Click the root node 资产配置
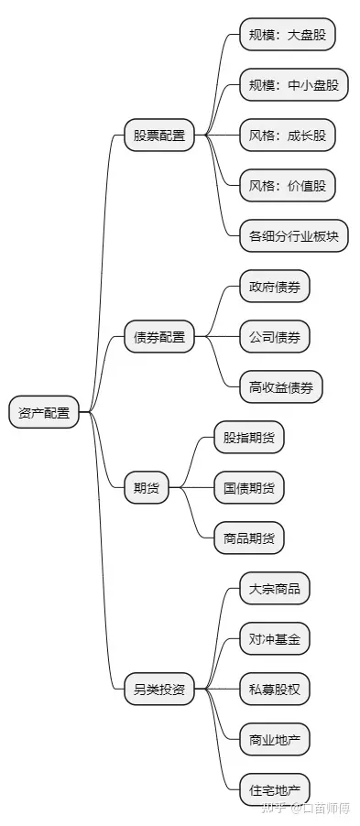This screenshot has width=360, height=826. tap(44, 412)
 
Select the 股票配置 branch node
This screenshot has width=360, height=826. tap(158, 136)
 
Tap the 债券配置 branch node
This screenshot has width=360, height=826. tap(158, 337)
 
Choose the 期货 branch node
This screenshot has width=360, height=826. tap(147, 487)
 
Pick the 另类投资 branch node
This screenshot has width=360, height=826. tap(158, 689)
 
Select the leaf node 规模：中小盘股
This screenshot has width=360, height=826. tap(293, 86)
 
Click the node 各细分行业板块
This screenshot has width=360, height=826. tap(293, 236)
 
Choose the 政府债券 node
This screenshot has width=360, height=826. tap(274, 287)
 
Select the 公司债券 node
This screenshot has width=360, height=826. tap(274, 337)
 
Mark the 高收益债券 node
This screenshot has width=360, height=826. tap(280, 387)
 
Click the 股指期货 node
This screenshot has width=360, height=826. tap(248, 438)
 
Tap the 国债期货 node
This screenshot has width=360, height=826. tap(248, 488)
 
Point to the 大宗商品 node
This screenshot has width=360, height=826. tap(274, 589)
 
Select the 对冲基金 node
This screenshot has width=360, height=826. tap(274, 639)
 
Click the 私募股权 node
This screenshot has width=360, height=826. tap(274, 689)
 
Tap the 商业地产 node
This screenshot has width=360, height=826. tap(274, 739)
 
